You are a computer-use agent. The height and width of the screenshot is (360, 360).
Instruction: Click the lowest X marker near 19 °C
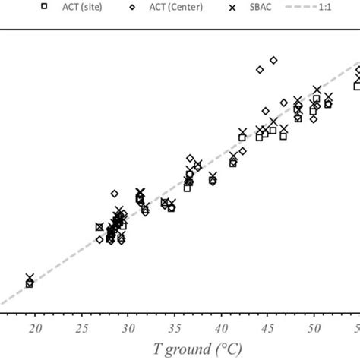(30, 278)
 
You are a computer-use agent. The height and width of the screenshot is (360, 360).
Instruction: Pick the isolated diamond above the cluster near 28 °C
(115, 194)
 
